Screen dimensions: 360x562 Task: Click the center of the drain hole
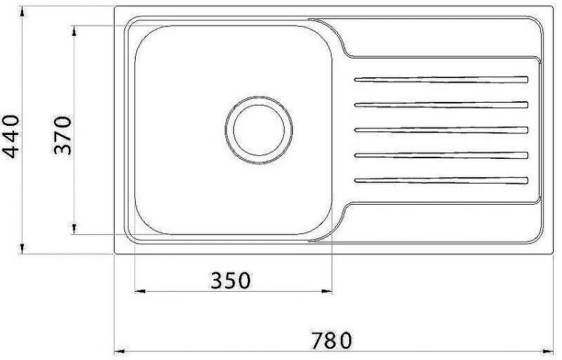tap(257, 130)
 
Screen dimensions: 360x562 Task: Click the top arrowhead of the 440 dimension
tap(23, 13)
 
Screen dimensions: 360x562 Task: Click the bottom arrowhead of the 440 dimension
tap(23, 249)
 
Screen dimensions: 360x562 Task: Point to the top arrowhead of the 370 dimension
tap(75, 31)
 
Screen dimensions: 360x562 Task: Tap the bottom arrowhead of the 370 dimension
tap(75, 228)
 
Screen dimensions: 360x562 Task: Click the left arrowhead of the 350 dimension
tap(138, 290)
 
